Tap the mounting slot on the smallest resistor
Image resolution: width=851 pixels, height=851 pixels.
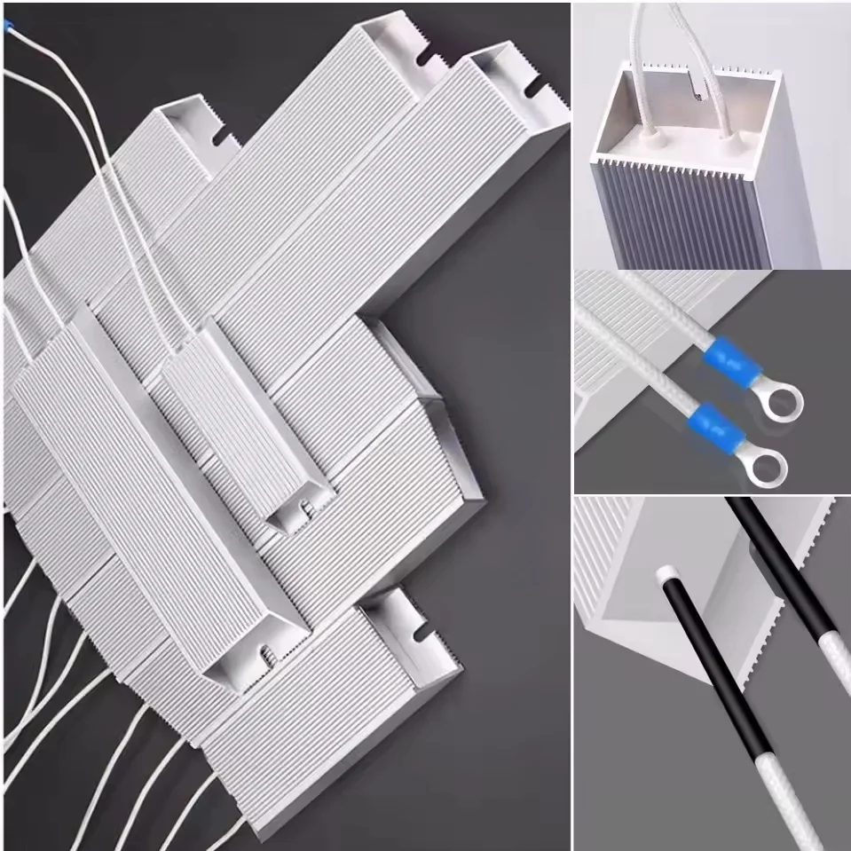[302, 511]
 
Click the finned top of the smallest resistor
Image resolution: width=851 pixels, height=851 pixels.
[240, 417]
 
